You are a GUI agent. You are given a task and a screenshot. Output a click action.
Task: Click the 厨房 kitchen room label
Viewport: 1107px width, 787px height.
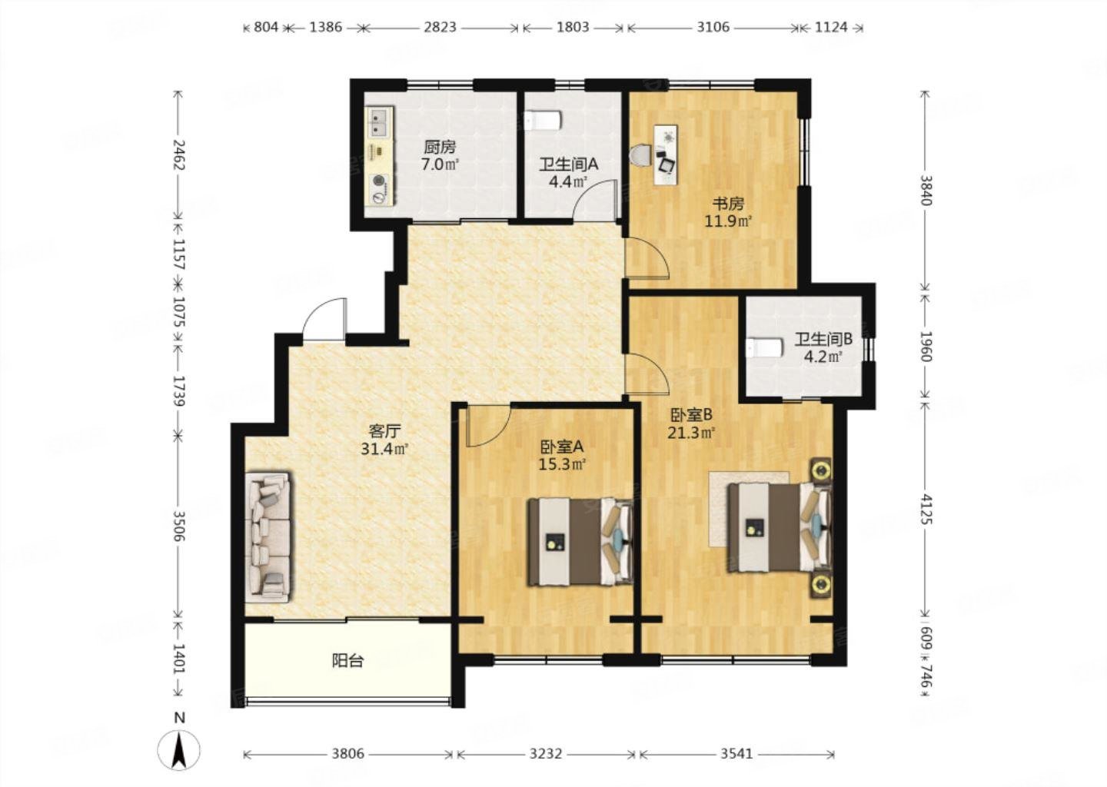(440, 148)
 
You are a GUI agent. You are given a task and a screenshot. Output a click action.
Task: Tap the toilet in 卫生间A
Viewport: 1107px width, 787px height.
(543, 121)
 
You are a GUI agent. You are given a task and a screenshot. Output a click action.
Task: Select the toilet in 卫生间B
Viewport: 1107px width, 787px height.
(764, 348)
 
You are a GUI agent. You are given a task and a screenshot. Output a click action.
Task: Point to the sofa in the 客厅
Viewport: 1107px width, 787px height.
(268, 536)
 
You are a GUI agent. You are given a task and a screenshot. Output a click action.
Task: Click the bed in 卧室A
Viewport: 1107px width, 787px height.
(580, 542)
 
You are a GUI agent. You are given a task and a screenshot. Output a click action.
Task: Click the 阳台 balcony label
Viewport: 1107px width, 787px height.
(348, 660)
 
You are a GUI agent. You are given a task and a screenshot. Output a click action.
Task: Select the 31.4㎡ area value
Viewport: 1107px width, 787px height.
(385, 449)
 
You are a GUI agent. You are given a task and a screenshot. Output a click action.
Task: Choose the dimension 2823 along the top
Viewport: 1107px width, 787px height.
(440, 27)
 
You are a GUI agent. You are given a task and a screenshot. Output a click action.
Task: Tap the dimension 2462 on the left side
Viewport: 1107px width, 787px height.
(178, 155)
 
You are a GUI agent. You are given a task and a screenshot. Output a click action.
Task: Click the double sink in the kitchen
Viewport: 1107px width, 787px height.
(380, 123)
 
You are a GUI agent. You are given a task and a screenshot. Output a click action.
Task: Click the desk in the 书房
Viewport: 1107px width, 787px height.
(666, 154)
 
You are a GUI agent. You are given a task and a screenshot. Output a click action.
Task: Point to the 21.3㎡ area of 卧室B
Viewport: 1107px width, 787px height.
(692, 433)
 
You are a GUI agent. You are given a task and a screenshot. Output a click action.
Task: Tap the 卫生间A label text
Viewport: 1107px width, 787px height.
(568, 164)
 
